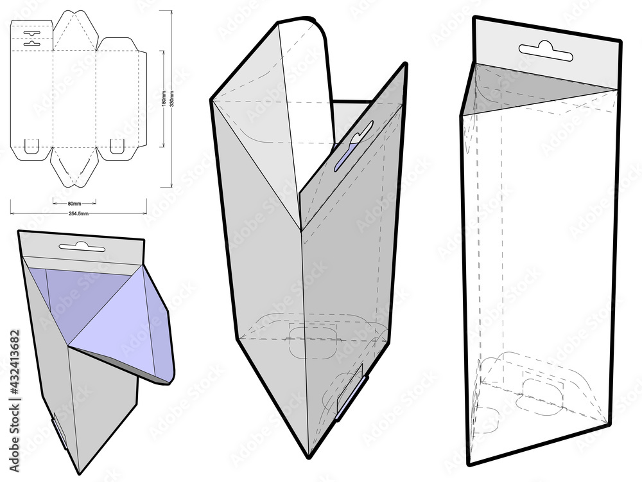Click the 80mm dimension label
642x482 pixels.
74,202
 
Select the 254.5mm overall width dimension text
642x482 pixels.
78,213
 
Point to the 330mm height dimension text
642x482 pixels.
171,98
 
